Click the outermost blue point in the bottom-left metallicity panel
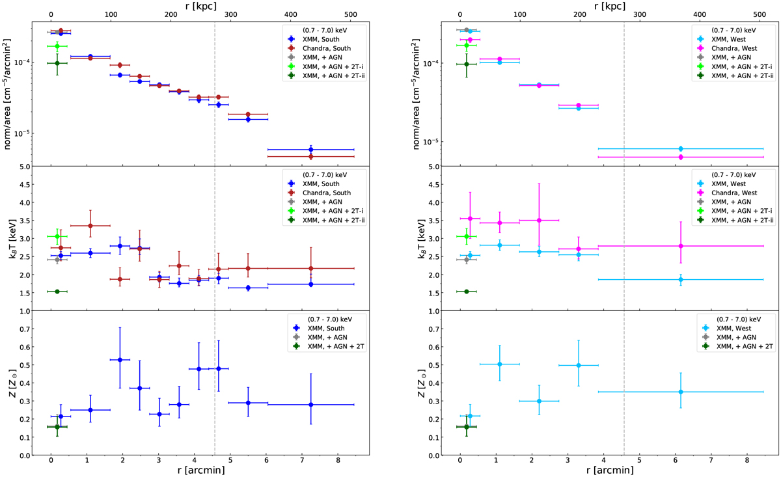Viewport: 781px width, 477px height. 311,405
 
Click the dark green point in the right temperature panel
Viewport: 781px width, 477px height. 466,292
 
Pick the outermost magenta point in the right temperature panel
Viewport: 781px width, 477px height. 681,246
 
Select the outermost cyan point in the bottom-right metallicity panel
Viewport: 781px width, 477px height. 681,392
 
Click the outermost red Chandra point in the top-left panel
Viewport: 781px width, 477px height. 311,156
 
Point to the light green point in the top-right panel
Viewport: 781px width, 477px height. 466,46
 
